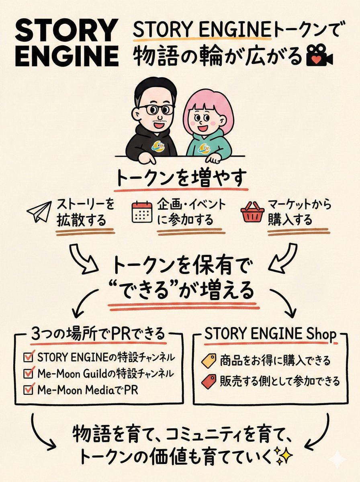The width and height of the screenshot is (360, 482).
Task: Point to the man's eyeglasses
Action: [x=155, y=109]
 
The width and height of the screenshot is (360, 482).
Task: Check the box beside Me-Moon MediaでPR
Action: [x=29, y=389]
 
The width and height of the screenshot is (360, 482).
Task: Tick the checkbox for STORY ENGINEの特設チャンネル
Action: [x=29, y=357]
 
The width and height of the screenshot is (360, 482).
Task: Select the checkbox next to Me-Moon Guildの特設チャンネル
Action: [x=29, y=373]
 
